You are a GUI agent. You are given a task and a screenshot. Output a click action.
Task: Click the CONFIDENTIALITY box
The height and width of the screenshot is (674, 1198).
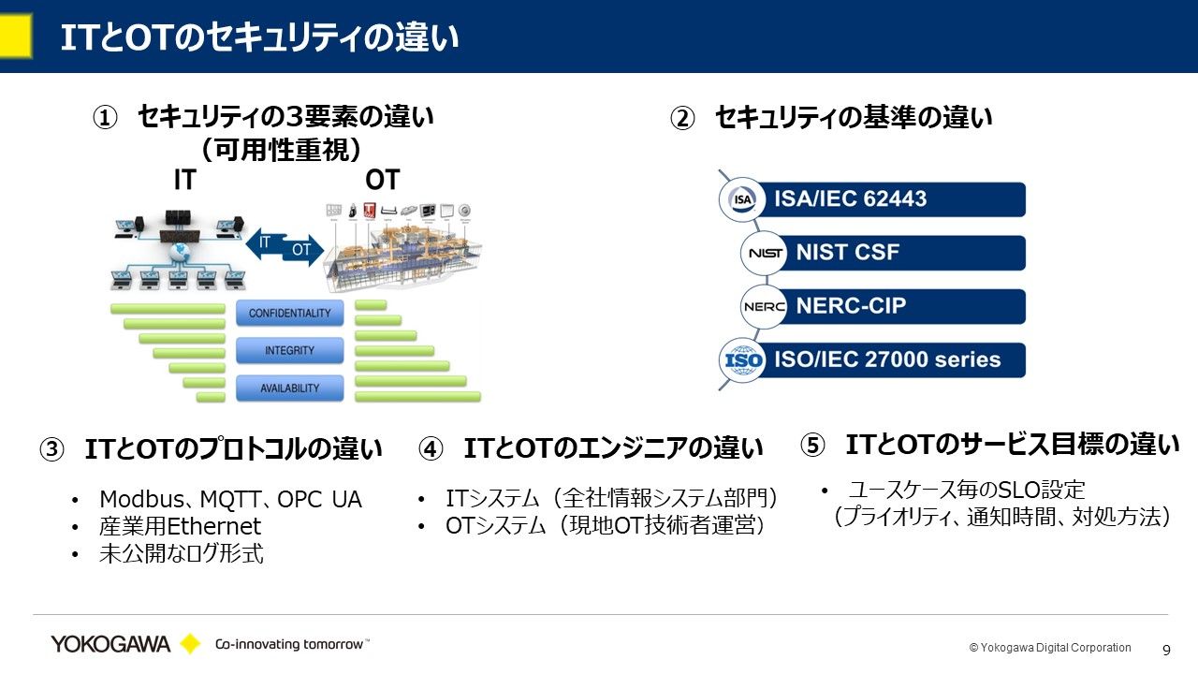pos(289,314)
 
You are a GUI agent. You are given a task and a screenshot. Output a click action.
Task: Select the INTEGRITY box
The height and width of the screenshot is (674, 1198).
pos(289,350)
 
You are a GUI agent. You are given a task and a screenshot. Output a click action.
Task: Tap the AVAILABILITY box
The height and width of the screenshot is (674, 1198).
pos(289,388)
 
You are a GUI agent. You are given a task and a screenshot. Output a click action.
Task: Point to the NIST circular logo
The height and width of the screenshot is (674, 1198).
pos(764,253)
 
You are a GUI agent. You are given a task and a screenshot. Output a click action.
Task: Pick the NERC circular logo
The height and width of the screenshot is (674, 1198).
pos(764,306)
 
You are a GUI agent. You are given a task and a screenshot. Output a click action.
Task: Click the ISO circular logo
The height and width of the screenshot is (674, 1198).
pos(742,360)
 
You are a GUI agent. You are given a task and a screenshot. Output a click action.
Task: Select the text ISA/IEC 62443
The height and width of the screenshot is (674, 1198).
pos(850,199)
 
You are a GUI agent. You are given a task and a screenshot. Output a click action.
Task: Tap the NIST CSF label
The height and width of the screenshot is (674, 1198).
pos(847,253)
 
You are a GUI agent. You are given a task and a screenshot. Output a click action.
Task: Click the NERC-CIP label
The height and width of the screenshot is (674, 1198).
pos(851,306)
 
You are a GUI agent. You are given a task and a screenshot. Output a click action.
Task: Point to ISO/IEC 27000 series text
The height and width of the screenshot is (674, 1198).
pos(886,359)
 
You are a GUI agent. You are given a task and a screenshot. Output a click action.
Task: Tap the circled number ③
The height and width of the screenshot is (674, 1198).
pos(51,449)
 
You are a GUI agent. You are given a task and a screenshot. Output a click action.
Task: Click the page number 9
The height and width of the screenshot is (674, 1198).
pos(1166,650)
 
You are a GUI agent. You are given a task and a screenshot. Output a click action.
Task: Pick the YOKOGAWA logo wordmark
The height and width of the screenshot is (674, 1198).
pos(110,644)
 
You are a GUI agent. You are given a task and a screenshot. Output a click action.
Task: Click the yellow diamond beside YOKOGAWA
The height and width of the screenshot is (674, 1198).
pos(190,644)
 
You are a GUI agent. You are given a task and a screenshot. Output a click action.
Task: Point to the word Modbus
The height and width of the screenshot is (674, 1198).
pos(133,500)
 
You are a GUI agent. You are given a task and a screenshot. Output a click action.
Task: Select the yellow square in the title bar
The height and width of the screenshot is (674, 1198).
pos(16,37)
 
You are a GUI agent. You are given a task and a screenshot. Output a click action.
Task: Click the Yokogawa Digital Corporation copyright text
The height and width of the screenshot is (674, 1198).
pos(1050,648)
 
